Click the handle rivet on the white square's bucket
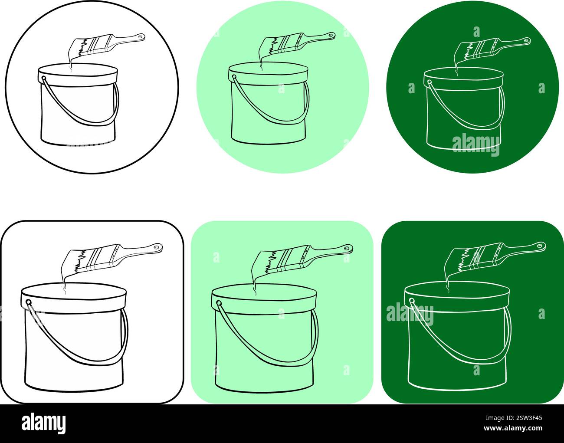29,302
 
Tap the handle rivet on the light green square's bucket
219,303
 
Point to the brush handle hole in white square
158,247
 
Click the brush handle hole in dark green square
541,246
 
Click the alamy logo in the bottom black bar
44,422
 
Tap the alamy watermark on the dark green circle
475,145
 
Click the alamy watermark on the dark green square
410,314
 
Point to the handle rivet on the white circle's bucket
44,79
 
